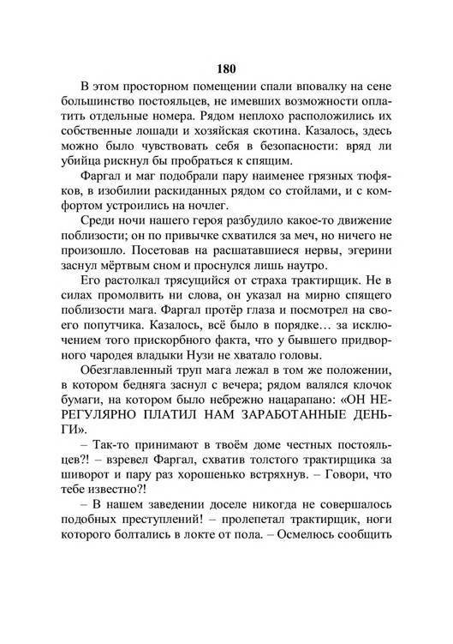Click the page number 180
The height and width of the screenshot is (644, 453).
coord(226,69)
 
